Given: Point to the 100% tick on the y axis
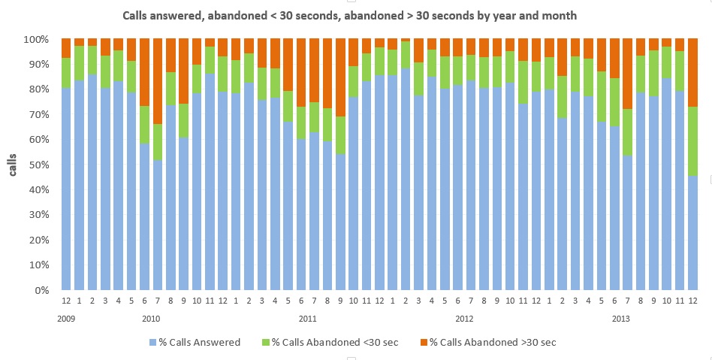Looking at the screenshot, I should point(38,39).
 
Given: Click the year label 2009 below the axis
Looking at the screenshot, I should point(66,319).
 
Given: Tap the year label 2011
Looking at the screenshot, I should point(308,319).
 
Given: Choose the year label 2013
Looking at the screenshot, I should point(620,319).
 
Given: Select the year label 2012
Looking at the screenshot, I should point(464,319).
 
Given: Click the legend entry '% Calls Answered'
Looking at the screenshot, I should point(200,343).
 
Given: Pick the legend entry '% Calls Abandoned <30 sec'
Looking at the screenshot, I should point(335,343).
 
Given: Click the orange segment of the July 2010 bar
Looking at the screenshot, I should point(158,81).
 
